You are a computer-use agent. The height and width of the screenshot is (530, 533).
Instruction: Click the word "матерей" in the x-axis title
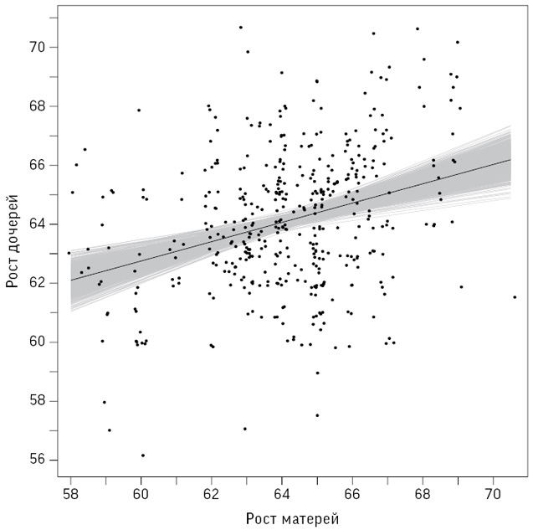click(308, 518)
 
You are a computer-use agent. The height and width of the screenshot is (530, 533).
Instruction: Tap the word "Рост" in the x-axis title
click(261, 518)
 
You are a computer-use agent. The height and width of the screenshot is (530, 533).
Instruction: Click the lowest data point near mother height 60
click(142, 455)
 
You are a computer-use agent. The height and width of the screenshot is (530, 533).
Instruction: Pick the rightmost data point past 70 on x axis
click(515, 296)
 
